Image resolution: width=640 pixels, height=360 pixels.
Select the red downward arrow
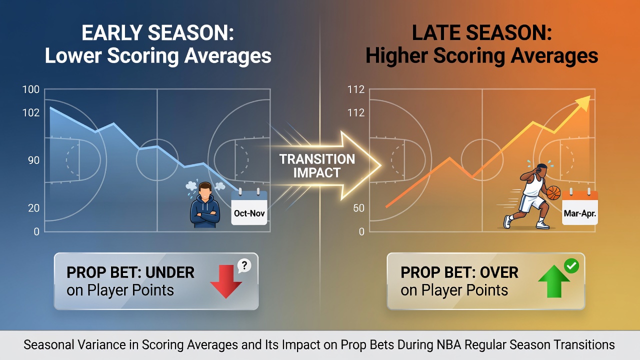(226, 281)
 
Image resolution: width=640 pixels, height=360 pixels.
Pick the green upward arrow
(554, 281)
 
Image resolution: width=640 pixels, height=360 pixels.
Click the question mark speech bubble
(244, 266)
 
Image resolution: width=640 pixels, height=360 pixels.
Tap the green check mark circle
(571, 266)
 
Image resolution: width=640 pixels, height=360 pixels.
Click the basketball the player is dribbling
(553, 193)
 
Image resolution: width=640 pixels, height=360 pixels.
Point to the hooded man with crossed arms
(205, 205)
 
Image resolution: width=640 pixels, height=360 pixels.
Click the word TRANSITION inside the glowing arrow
(317, 159)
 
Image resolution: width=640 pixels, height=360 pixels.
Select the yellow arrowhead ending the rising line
(583, 103)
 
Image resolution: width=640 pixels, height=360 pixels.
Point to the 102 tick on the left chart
(31, 113)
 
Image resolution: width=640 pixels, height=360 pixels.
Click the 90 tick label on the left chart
(33, 160)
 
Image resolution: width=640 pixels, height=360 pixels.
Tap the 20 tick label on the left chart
(33, 208)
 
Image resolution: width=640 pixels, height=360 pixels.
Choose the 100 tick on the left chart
(31, 89)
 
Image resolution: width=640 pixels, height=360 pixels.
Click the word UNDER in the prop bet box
(170, 272)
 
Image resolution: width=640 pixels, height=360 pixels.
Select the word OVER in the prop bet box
(499, 272)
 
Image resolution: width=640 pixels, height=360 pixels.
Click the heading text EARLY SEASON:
(157, 33)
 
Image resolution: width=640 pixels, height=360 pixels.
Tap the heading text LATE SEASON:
(481, 33)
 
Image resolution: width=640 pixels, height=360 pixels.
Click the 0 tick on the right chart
(361, 231)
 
